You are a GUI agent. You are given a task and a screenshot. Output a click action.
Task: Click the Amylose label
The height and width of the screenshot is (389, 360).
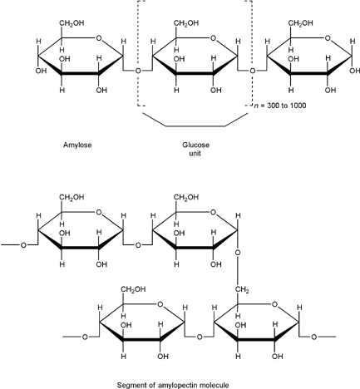[77, 145]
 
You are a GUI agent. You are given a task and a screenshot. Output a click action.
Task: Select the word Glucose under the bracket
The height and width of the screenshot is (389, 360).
[195, 145]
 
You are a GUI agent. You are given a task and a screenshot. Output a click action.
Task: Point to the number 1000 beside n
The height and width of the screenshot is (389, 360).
[298, 106]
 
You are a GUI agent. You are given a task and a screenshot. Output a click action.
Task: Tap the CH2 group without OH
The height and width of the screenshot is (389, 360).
[242, 290]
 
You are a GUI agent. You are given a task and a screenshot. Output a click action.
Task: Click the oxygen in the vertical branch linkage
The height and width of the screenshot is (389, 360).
[238, 253]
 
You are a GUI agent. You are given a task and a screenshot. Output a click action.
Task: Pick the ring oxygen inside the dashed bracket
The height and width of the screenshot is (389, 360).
[213, 38]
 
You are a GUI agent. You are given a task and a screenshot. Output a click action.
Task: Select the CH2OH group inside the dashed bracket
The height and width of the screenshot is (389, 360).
[186, 23]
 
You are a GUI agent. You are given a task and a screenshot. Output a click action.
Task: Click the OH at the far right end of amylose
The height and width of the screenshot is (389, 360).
[355, 71]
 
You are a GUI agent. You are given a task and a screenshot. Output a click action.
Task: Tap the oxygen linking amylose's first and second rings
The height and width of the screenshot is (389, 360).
[138, 71]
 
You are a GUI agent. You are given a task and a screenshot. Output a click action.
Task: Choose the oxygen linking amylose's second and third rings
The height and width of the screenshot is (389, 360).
[253, 71]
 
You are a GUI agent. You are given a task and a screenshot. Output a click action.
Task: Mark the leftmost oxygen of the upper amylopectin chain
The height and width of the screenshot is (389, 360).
[23, 245]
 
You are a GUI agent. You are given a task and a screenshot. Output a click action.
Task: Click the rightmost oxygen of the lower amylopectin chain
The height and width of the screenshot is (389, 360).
[313, 337]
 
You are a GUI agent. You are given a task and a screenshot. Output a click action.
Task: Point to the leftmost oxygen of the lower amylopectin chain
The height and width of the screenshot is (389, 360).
[85, 337]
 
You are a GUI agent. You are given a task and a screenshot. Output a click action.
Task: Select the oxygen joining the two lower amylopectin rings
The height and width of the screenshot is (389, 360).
[200, 337]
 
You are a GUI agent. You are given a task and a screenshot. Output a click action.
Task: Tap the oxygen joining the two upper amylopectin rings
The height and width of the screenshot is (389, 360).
[138, 245]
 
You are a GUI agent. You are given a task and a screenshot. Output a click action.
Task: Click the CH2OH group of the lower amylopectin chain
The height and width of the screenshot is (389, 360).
[133, 289]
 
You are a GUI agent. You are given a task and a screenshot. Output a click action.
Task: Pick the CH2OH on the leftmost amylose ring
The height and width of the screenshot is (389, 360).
[72, 23]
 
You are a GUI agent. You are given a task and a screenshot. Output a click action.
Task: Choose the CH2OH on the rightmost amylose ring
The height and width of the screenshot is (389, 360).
[300, 23]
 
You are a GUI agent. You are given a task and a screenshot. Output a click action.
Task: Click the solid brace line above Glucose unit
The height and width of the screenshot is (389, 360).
[195, 126]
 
